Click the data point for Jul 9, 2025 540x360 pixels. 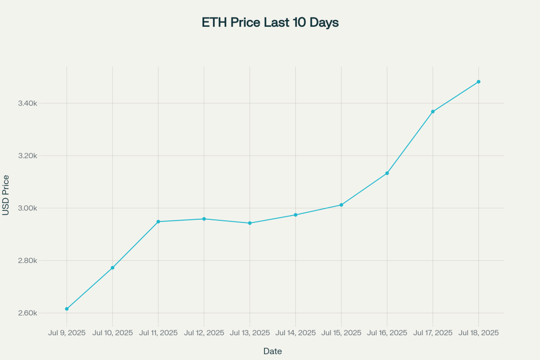(x=67, y=309)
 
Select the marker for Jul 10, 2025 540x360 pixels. (x=113, y=268)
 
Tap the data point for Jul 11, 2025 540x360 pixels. (x=158, y=222)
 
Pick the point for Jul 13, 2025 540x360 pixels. (x=250, y=223)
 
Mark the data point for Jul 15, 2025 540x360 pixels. (x=341, y=205)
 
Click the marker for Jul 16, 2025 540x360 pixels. (x=387, y=173)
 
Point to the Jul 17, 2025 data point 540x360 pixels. (x=433, y=112)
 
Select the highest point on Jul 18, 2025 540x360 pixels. (x=479, y=82)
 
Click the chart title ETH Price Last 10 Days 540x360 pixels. (x=271, y=22)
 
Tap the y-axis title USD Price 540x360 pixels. (x=5, y=195)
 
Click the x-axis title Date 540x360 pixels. (x=273, y=351)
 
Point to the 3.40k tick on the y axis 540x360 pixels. (x=27, y=103)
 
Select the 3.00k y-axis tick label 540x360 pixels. (x=27, y=208)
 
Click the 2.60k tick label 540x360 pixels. (x=27, y=313)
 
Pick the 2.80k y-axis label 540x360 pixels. (x=27, y=260)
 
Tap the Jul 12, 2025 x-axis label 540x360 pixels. (x=204, y=333)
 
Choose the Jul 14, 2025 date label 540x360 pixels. (x=295, y=333)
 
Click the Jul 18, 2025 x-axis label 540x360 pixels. (x=479, y=333)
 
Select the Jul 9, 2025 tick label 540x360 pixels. (x=67, y=333)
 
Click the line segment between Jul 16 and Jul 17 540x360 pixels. (x=410, y=142)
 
